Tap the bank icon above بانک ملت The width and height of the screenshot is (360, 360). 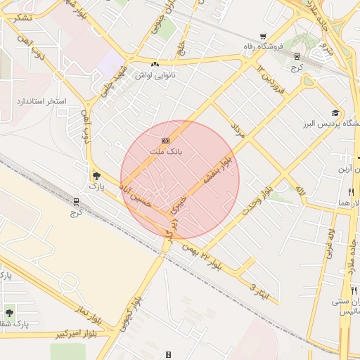click(x=166, y=141)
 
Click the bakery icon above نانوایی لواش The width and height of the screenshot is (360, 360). click(x=155, y=64)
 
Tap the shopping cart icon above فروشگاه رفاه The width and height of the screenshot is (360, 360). click(x=263, y=37)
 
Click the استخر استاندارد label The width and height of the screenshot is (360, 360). click(x=41, y=101)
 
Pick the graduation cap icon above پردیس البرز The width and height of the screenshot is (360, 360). click(x=335, y=112)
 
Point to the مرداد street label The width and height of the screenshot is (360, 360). click(x=237, y=128)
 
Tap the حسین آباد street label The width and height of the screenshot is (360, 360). click(x=134, y=190)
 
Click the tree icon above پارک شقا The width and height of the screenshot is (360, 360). click(x=9, y=312)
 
